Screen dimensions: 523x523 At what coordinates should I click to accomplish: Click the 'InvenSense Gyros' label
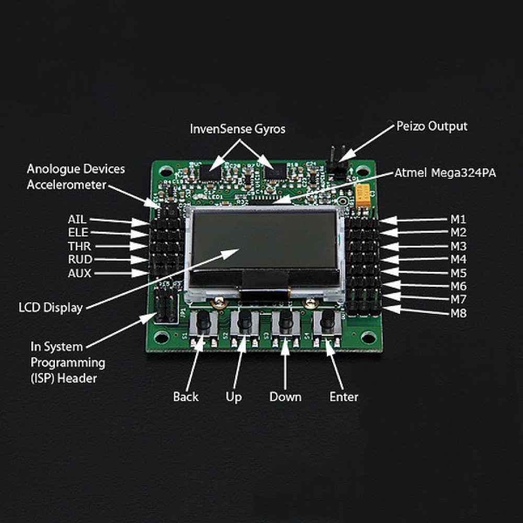237,129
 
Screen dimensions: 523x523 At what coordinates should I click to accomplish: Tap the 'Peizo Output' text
432,126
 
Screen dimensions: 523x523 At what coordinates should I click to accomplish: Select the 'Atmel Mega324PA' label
445,173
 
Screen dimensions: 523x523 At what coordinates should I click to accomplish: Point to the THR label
79,246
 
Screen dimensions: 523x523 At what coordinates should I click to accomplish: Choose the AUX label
79,273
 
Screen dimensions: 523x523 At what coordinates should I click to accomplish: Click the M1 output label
458,219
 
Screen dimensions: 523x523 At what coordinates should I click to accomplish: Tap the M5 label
459,273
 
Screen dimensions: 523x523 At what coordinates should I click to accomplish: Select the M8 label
459,313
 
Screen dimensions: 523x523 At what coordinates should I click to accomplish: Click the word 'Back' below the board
186,396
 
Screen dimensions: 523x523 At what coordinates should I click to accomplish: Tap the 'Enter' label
344,396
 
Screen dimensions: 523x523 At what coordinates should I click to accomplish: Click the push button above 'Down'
286,322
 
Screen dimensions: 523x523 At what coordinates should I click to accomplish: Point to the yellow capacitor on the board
362,197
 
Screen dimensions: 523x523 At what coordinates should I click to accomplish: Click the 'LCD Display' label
50,308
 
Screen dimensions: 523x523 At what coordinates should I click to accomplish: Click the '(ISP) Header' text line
63,378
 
